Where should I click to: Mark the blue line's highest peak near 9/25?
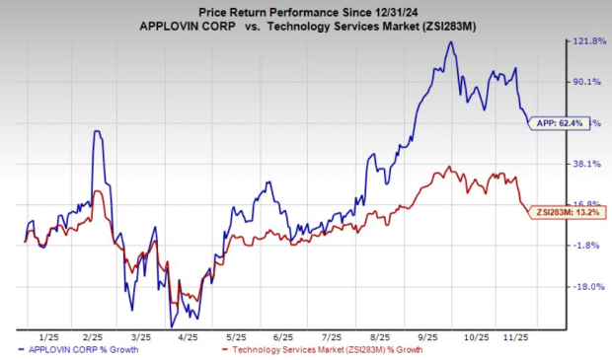pos(450,41)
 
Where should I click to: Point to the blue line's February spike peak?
pos(97,130)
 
